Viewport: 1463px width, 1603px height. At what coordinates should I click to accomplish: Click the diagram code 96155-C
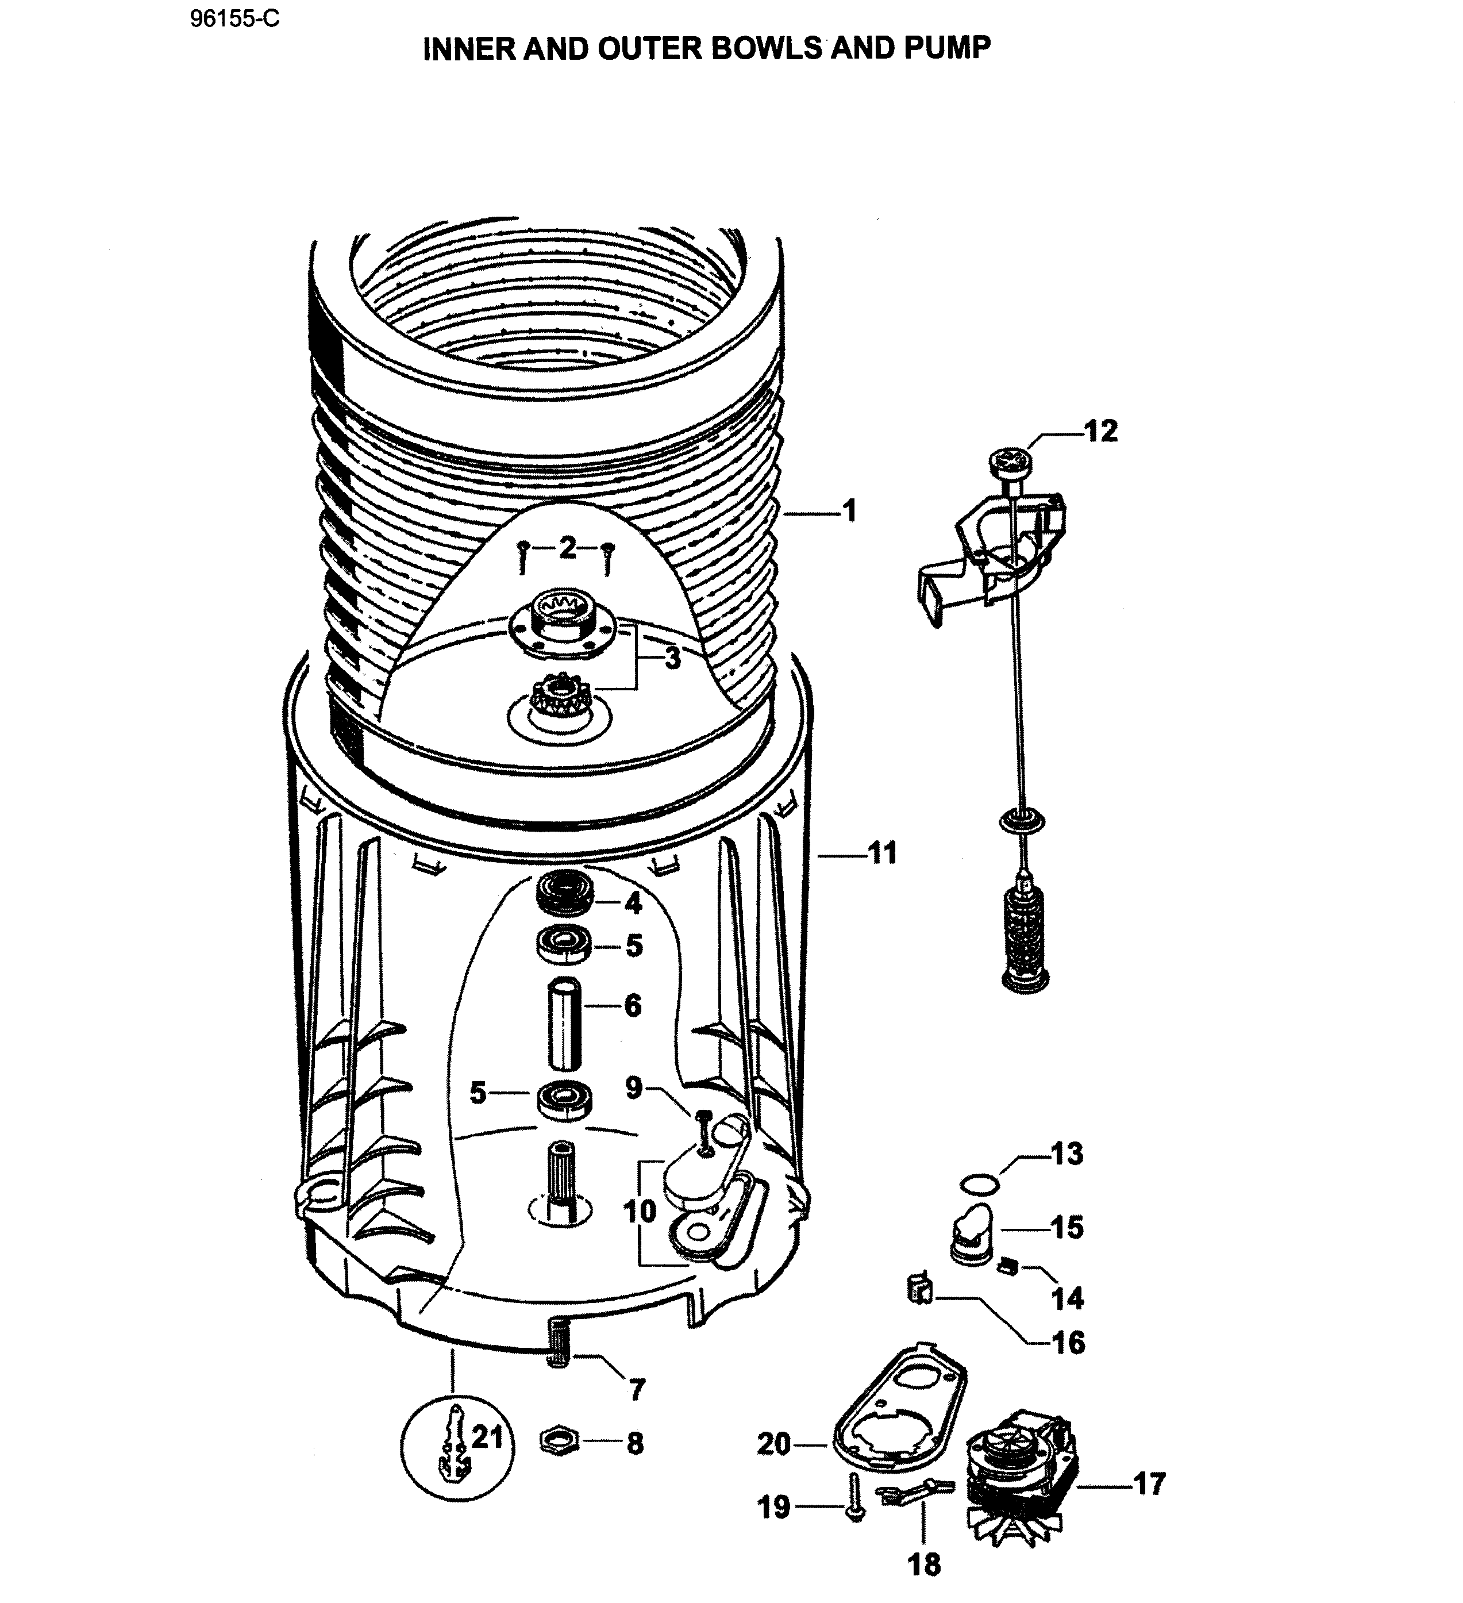(x=234, y=19)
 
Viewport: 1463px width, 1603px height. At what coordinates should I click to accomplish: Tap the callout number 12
(x=1100, y=431)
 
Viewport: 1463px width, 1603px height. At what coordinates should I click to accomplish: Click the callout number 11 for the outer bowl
(x=883, y=853)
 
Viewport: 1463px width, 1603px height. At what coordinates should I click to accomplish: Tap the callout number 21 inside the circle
(x=487, y=1437)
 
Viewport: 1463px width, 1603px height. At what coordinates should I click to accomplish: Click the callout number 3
(x=673, y=658)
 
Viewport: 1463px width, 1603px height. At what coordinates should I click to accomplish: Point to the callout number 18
(x=924, y=1565)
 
